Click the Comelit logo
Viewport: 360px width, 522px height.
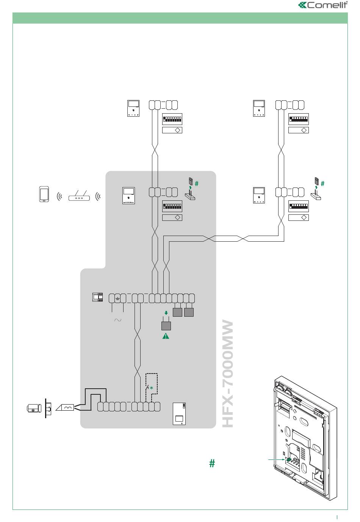click(323, 5)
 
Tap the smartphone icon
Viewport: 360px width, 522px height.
click(44, 194)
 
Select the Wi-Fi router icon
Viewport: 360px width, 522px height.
click(79, 196)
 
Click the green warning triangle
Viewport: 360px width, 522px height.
click(166, 336)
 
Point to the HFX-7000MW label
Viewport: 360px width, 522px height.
click(228, 374)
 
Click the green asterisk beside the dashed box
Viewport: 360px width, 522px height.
click(152, 388)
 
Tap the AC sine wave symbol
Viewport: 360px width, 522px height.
click(118, 320)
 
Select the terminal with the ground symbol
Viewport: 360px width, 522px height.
click(117, 298)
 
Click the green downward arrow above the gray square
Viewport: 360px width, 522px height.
click(166, 313)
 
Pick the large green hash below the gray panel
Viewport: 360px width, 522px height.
click(212, 463)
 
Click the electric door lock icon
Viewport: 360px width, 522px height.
click(34, 408)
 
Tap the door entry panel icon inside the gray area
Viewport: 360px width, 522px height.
click(179, 414)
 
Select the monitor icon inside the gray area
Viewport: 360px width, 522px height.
click(128, 195)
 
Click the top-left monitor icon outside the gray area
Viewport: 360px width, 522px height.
click(133, 108)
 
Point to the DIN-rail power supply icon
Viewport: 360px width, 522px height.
click(98, 297)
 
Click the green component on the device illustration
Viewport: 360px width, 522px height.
click(288, 459)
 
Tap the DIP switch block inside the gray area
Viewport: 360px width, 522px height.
click(172, 206)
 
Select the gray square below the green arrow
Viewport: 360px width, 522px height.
click(166, 326)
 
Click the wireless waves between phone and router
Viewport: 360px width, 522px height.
click(59, 197)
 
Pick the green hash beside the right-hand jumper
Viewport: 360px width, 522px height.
click(322, 184)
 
